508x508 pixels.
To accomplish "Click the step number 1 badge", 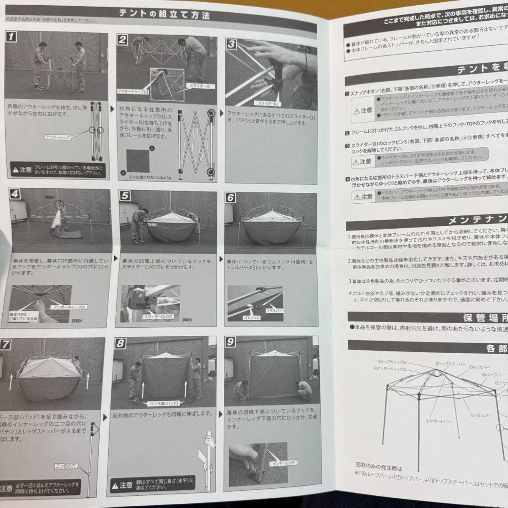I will pyautogui.click(x=12, y=36).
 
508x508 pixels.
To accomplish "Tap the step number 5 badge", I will pyautogui.click(x=124, y=196).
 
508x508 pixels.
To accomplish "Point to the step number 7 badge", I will pyautogui.click(x=5, y=344).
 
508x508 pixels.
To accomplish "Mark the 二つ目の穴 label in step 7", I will pyautogui.click(x=65, y=466).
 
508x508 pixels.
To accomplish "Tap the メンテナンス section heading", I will pyautogui.click(x=475, y=220).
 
